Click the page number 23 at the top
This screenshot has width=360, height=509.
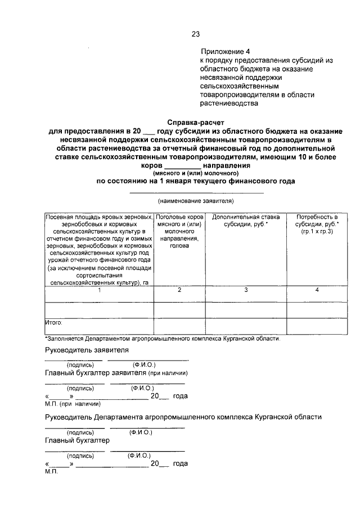click(196, 34)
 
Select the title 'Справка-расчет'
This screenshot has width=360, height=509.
click(195, 121)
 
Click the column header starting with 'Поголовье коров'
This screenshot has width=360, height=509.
click(179, 231)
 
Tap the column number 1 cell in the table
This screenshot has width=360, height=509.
click(99, 290)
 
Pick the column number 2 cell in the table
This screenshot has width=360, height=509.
click(179, 290)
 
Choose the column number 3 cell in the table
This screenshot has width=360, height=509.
click(246, 290)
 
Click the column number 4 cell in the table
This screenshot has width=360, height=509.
click(317, 290)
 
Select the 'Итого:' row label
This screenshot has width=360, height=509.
click(54, 323)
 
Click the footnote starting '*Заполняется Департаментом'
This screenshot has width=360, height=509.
click(161, 339)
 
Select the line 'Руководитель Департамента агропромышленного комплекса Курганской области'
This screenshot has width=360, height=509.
click(183, 417)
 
